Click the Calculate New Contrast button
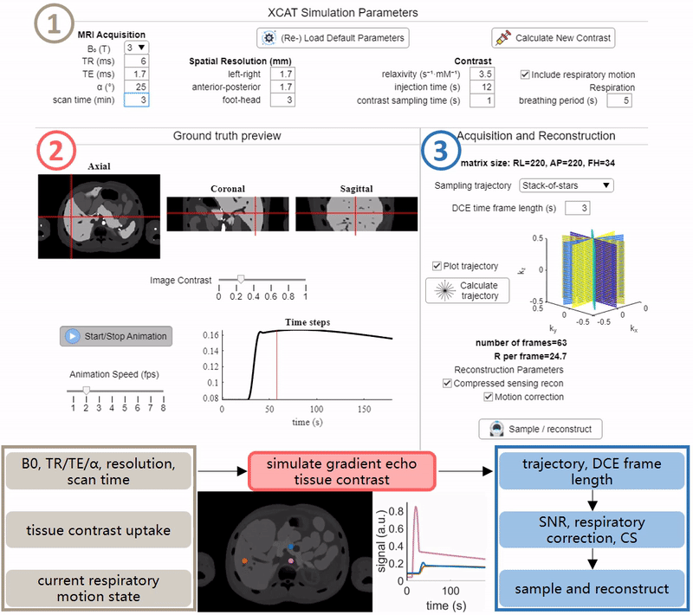553,38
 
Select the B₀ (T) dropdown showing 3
136,48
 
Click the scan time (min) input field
136,100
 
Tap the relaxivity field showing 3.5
482,74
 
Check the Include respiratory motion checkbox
525,74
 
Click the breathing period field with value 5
619,100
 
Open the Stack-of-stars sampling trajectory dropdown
567,185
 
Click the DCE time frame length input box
577,208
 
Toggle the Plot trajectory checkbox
437,266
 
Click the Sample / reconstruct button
540,429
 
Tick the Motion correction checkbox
488,397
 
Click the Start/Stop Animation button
116,336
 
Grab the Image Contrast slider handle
241,279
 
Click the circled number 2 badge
56,151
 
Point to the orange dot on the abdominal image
244,560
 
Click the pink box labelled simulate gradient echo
341,471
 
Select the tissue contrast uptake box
99,530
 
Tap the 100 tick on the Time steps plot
316,409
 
